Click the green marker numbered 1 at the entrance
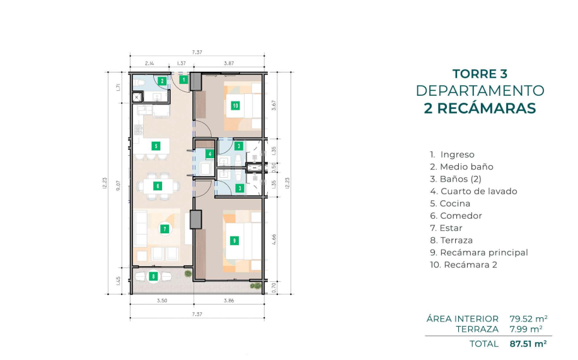pos(183,79)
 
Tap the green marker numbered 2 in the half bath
pos(162,81)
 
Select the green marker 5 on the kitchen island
pos(156,146)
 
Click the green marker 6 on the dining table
pos(158,186)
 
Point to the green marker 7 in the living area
pos(165,229)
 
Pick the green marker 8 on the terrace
pos(153,276)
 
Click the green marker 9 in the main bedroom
pos(234,241)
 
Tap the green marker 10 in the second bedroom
pos(236,106)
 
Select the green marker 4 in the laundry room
pos(210,154)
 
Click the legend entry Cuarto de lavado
pos(473,191)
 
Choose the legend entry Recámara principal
pos(479,253)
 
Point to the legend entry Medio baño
pos(461,166)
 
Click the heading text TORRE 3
pos(480,74)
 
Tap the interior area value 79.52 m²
pos(528,318)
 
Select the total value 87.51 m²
pos(528,344)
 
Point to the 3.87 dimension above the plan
pos(229,63)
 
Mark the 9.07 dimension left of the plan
pos(118,184)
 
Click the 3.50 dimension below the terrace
pos(162,301)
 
